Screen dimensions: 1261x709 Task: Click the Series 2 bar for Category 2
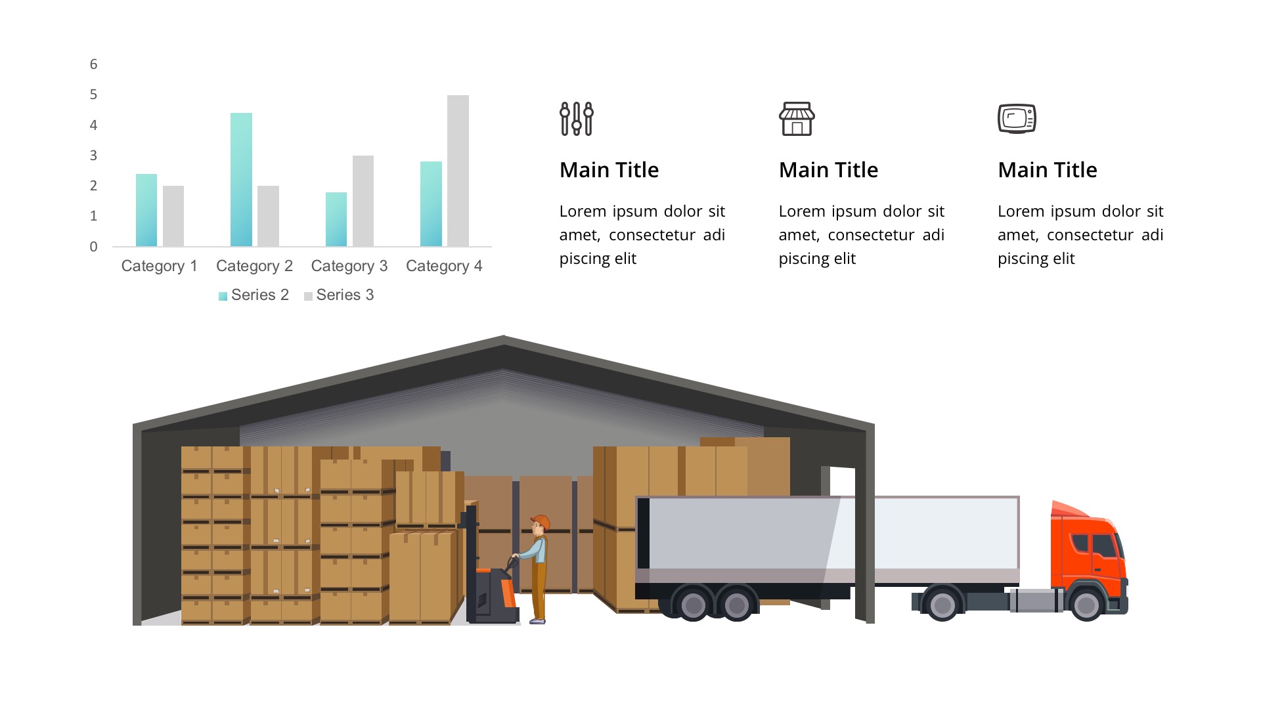point(241,180)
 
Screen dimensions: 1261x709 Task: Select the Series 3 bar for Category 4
point(458,171)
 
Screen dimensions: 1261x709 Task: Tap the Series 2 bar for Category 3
point(336,219)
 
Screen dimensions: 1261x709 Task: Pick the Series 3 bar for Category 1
point(173,216)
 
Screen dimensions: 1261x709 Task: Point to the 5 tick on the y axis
point(93,95)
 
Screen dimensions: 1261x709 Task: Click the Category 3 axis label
point(349,266)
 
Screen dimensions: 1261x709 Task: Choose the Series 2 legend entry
point(254,295)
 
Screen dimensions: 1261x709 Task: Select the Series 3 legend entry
point(339,295)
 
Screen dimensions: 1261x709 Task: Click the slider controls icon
point(577,119)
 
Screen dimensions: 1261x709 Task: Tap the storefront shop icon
point(797,119)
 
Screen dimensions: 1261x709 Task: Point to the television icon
point(1017,119)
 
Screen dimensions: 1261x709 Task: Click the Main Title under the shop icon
point(828,170)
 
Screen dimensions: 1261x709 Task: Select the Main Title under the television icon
point(1048,170)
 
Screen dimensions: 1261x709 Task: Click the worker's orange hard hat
point(541,522)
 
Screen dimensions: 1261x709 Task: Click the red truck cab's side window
point(1103,546)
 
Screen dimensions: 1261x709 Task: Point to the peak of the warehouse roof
point(504,336)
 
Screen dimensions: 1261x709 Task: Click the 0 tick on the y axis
point(93,247)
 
